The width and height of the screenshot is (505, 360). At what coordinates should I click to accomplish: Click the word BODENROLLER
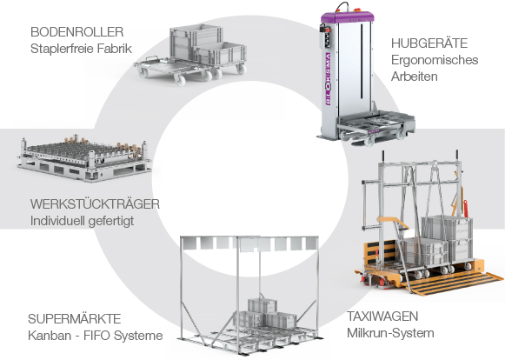(x=76, y=32)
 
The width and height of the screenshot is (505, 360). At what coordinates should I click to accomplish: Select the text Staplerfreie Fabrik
(x=81, y=49)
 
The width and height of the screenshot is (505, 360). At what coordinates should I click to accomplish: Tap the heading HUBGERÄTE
(x=429, y=43)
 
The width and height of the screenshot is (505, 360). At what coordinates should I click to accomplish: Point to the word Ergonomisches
(x=435, y=60)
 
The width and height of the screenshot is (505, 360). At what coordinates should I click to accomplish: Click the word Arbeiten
(x=415, y=77)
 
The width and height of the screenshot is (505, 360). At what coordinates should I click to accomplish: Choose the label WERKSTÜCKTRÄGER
(x=95, y=204)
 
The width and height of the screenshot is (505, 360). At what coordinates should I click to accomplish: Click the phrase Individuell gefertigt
(x=82, y=222)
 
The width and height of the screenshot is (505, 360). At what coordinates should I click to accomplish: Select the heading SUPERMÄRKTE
(x=74, y=319)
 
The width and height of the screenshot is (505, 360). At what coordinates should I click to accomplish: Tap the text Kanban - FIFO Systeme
(x=95, y=336)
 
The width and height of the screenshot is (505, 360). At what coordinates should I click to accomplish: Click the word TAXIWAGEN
(x=382, y=317)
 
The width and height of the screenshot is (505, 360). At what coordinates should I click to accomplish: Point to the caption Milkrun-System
(x=390, y=333)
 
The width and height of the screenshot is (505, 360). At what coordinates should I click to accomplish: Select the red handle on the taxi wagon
(x=465, y=209)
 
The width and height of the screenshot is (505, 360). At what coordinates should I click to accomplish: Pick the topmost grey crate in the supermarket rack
(x=262, y=305)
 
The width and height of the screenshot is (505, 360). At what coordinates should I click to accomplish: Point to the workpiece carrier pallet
(x=84, y=158)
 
